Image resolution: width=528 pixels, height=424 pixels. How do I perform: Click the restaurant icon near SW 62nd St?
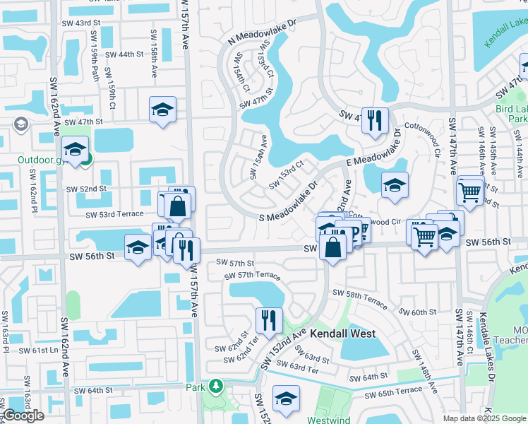tap(269, 319)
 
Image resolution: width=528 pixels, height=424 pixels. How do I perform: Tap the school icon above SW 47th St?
tap(162, 110)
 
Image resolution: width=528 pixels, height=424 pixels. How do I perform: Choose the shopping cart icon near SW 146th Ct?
tap(469, 190)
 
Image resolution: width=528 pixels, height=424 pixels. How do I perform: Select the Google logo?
tap(24, 416)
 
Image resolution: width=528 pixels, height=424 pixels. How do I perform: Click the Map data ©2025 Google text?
tap(484, 418)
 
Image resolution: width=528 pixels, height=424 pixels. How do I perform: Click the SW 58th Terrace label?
tap(360, 298)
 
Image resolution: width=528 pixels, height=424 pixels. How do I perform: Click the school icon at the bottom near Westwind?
tap(286, 399)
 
